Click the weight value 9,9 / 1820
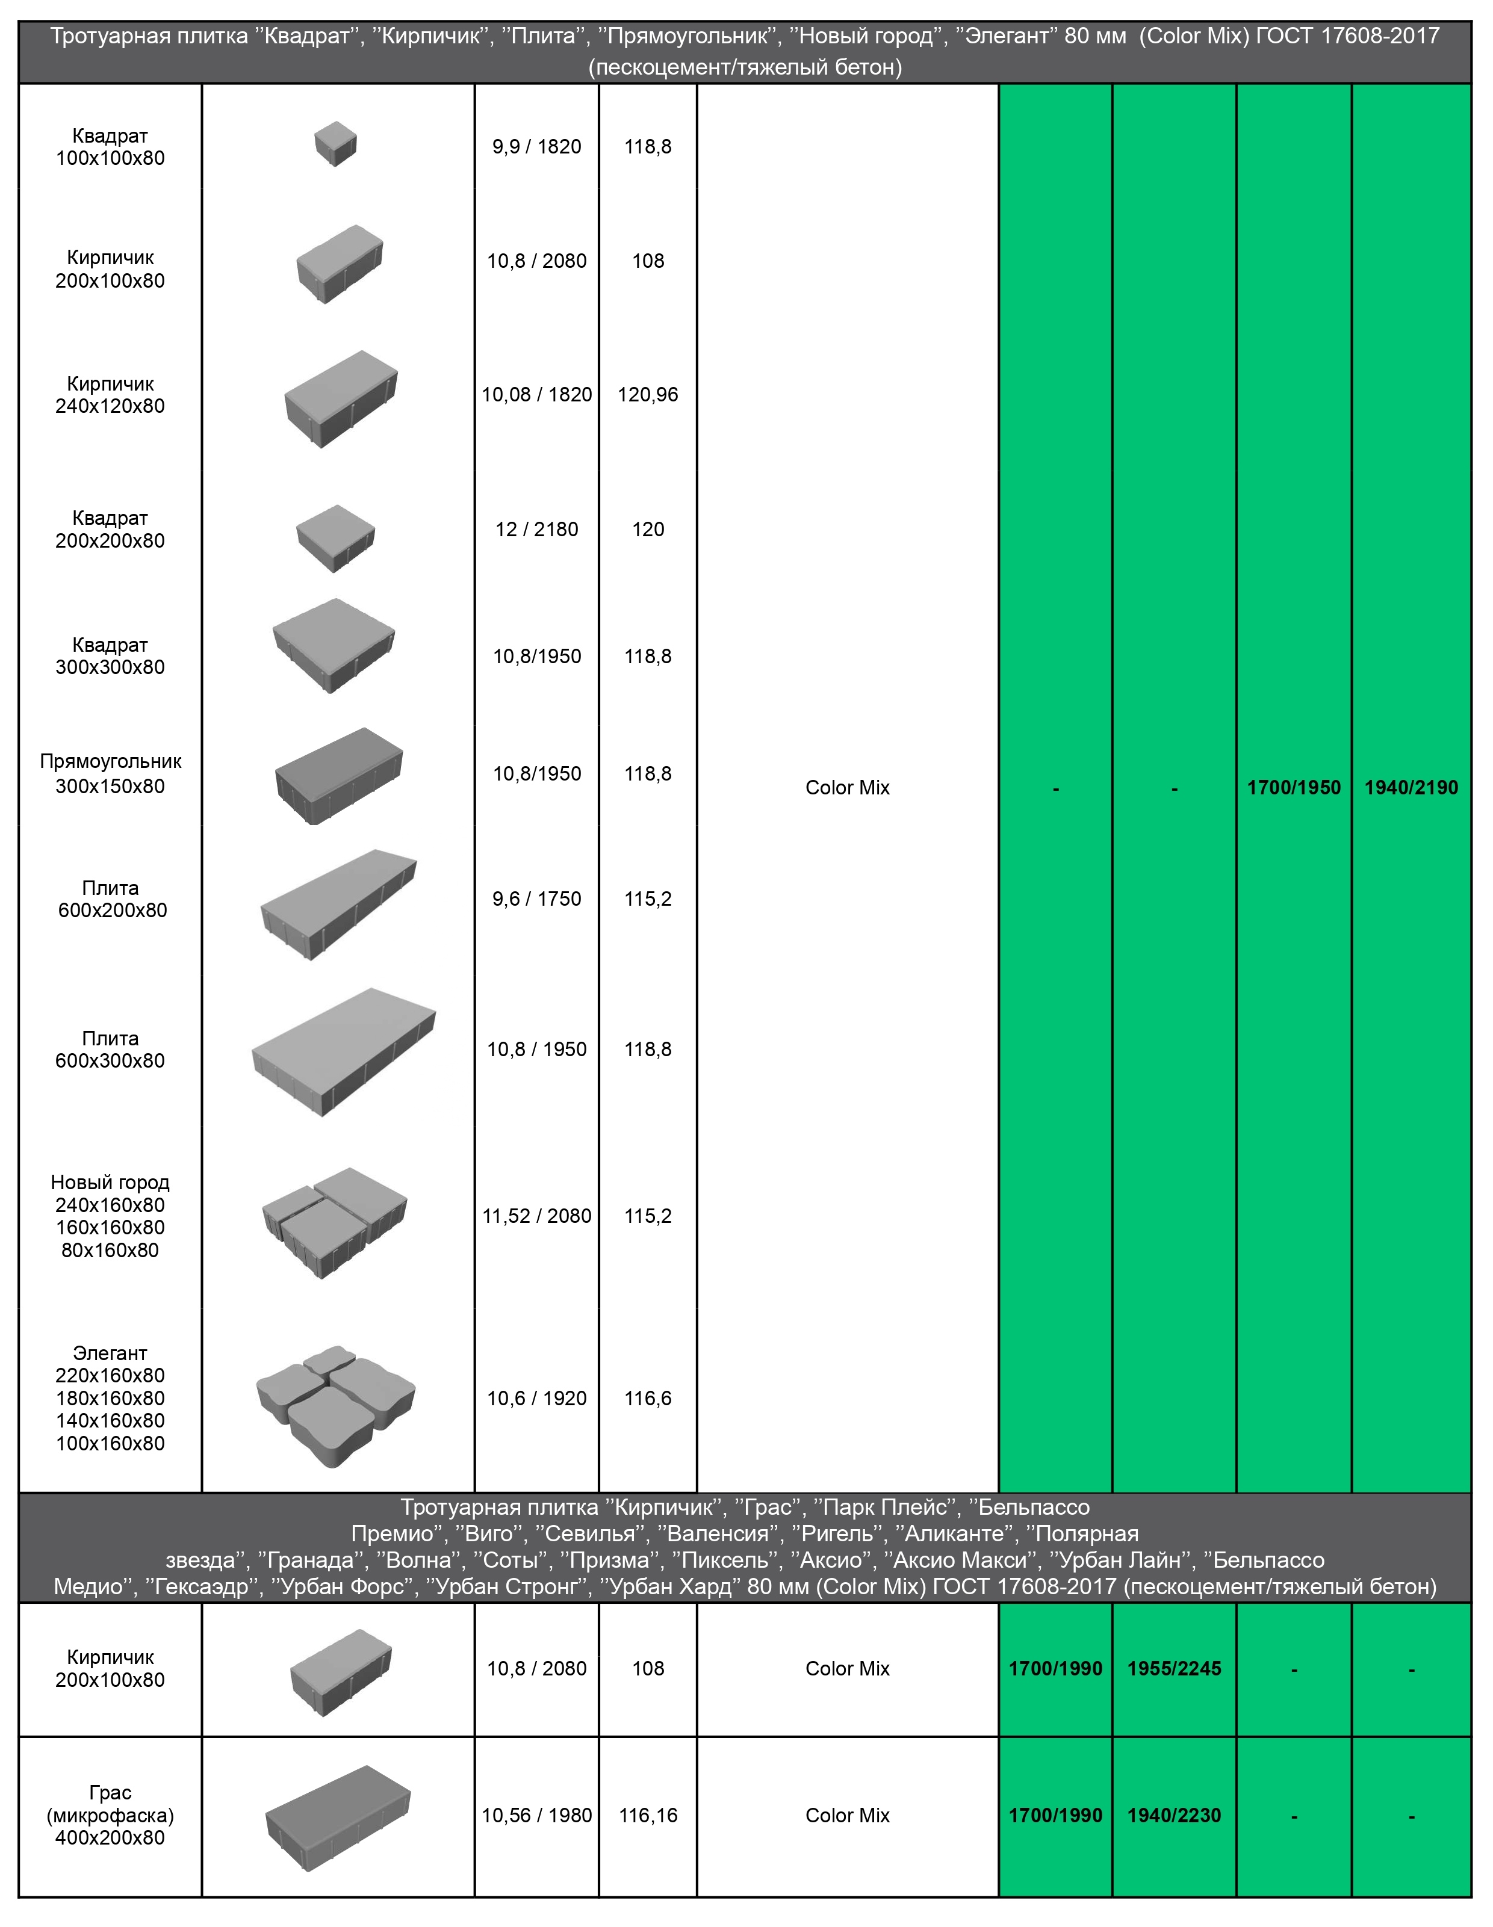536,146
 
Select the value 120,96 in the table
648,394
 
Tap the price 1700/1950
1294,787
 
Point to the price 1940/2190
1411,787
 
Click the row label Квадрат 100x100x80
110,146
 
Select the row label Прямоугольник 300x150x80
110,774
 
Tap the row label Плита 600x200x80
111,899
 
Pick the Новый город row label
110,1216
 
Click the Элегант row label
110,1399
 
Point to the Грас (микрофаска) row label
110,1815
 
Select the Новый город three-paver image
335,1222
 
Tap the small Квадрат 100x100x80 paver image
335,144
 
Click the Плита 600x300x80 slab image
343,1052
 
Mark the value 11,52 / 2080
536,1216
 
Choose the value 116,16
648,1815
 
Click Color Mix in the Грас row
847,1815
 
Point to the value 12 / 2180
536,530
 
